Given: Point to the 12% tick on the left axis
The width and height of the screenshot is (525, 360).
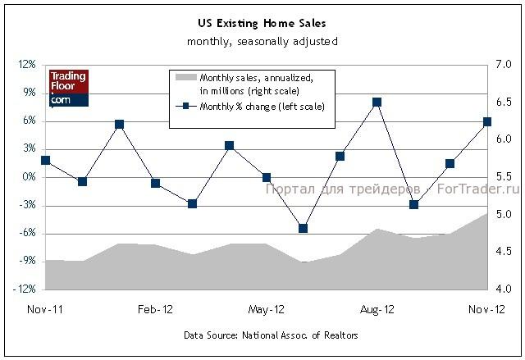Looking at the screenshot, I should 25,65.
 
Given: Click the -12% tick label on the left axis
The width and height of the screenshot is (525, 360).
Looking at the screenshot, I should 24,289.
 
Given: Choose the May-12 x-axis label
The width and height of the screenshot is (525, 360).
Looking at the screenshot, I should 266,309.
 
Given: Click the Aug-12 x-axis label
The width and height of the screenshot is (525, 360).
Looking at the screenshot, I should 378,309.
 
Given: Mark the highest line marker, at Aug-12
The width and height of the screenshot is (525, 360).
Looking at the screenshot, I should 377,103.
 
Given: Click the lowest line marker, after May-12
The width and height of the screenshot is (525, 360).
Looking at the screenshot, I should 303,228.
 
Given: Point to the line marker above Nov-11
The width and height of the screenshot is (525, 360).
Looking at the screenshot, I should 45,161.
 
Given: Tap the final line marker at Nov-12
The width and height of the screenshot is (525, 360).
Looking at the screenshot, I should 487,121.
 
